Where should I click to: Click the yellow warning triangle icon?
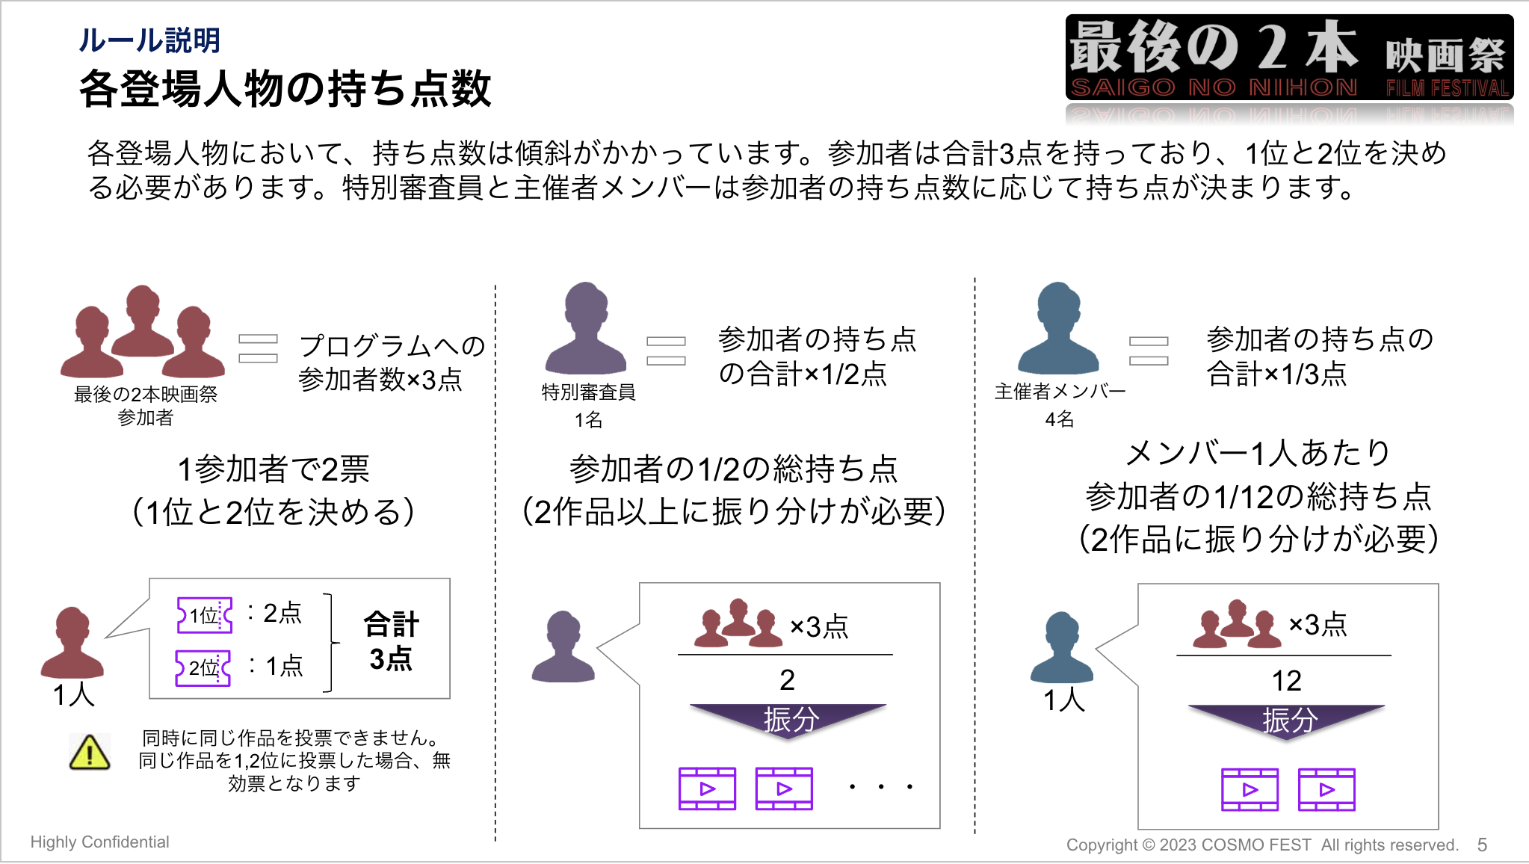(90, 753)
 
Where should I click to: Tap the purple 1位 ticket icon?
(205, 615)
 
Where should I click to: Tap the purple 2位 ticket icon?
(203, 667)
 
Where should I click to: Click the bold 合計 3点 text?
(391, 641)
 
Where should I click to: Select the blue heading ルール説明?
(149, 40)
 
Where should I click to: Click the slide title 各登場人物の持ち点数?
(285, 89)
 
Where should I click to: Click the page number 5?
(1482, 845)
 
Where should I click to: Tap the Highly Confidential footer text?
(100, 842)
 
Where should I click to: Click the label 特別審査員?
(588, 392)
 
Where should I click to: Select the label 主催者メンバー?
(1060, 392)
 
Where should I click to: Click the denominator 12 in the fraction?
(1287, 681)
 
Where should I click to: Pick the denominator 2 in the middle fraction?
(787, 680)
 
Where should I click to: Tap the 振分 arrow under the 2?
(789, 720)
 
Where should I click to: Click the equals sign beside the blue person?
(1149, 351)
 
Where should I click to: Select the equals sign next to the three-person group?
(258, 348)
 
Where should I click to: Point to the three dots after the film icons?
(881, 786)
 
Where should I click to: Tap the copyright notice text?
(1262, 845)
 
